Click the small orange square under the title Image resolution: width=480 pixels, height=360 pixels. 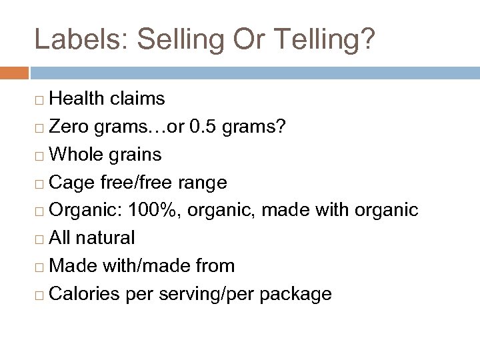click(14, 72)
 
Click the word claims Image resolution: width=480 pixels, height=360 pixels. click(139, 99)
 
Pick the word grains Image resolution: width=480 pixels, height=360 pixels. click(135, 155)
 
